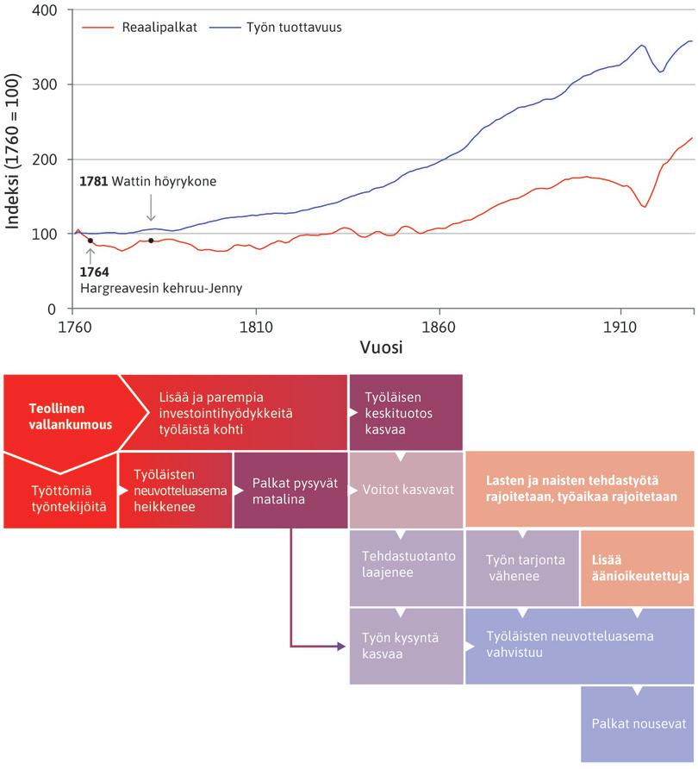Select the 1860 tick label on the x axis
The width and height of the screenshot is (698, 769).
[x=439, y=328]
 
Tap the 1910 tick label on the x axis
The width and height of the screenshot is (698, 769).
[x=620, y=328]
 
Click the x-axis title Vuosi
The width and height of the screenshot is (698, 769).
[x=382, y=348]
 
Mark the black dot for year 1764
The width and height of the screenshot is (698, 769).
[x=90, y=241]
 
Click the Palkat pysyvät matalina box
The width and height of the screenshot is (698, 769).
[x=290, y=491]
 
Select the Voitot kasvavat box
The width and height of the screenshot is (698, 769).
[x=406, y=489]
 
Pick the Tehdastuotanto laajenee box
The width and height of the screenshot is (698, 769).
[x=406, y=564]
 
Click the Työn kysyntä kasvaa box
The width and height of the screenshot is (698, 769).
[x=406, y=646]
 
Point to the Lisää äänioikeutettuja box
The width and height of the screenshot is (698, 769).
[x=637, y=567]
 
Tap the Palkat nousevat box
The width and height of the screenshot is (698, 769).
[x=637, y=724]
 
